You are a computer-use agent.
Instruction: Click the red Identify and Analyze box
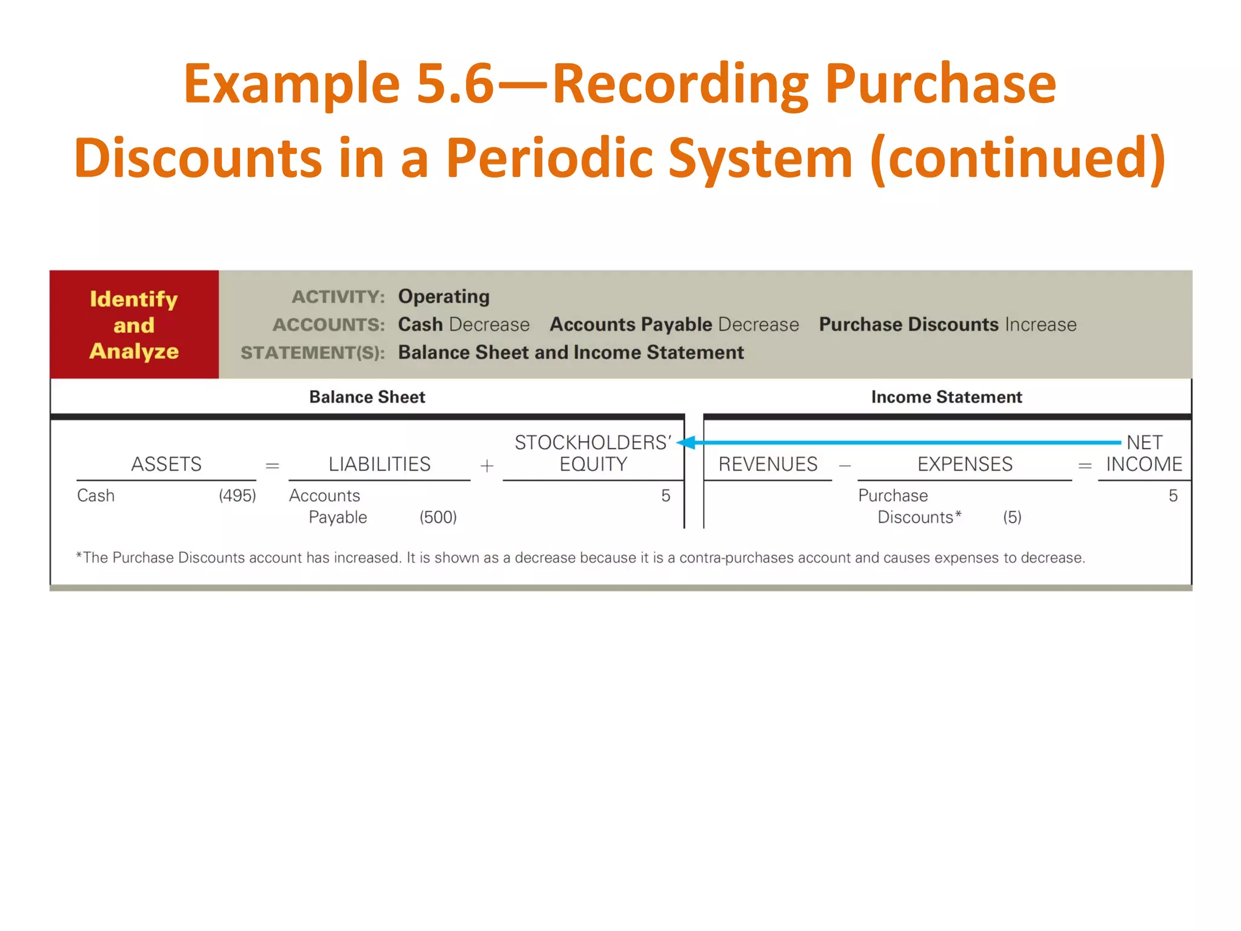tap(134, 324)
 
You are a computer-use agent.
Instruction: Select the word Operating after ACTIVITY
tap(444, 296)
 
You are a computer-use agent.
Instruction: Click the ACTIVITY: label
tap(338, 297)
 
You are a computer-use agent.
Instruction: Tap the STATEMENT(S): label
tap(313, 353)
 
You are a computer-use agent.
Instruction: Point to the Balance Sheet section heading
tap(367, 397)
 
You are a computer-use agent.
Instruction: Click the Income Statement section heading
tap(947, 397)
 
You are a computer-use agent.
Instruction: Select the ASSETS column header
tap(167, 464)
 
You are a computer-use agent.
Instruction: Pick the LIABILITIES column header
tap(379, 464)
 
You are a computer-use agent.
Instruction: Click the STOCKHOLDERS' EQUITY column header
tap(593, 453)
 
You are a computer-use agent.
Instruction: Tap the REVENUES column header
tap(768, 464)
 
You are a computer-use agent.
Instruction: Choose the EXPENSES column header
tap(965, 464)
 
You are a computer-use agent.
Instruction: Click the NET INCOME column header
tap(1144, 453)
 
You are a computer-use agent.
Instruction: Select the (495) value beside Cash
tap(238, 496)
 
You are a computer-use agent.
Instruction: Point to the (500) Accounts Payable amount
tap(438, 518)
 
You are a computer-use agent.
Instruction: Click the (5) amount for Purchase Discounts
tap(1012, 518)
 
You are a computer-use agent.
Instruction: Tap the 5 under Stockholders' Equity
tap(665, 496)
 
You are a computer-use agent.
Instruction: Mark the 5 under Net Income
tap(1173, 496)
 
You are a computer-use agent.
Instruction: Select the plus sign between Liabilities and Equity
tap(487, 465)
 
